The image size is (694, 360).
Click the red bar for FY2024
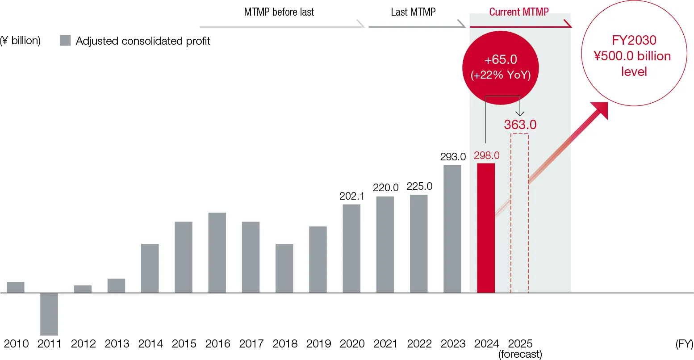(x=486, y=228)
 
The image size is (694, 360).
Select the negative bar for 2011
(x=49, y=314)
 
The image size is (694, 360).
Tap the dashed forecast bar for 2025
(x=519, y=213)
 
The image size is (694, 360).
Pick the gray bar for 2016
(x=217, y=253)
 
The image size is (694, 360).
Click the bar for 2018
(x=284, y=268)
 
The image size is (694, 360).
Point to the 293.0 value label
(x=453, y=157)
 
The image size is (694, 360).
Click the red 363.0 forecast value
(x=520, y=125)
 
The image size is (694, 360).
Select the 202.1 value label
(x=352, y=196)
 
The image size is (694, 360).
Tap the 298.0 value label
(x=487, y=155)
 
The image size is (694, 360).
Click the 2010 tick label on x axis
(x=16, y=343)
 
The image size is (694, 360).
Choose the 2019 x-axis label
(x=318, y=343)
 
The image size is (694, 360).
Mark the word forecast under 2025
(x=520, y=354)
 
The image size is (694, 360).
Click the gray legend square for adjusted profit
(x=65, y=41)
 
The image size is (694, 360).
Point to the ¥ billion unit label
(x=21, y=41)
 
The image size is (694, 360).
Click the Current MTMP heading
(x=519, y=12)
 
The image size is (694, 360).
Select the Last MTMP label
(x=413, y=12)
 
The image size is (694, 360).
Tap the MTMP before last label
(x=279, y=12)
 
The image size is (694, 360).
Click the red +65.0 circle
(x=501, y=67)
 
